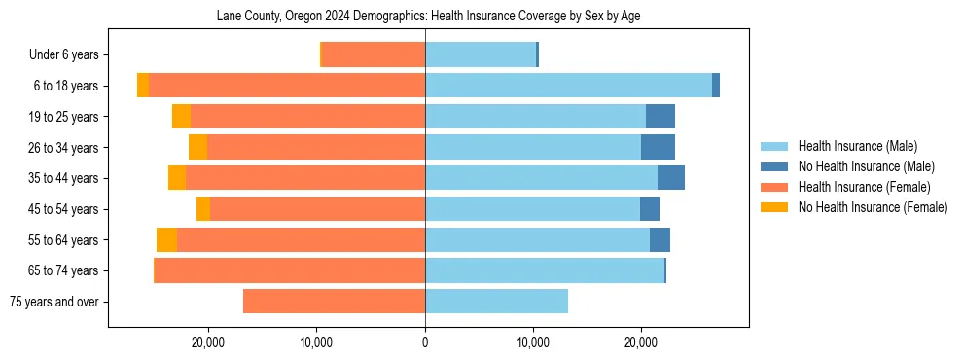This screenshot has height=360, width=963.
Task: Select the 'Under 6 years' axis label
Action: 63,55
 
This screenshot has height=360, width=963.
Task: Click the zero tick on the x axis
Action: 425,342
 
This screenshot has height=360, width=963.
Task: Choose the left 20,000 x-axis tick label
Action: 209,342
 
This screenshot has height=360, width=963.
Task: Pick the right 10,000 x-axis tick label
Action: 533,342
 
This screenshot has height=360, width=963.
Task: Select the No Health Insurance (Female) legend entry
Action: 873,207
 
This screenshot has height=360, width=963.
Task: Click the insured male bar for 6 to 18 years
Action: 568,86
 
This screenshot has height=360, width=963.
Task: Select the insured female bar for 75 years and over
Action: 334,302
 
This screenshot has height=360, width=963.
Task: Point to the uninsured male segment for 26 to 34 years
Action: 658,147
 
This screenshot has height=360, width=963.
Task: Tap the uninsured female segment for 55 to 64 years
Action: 166,239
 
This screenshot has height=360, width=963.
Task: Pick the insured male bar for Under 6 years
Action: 481,55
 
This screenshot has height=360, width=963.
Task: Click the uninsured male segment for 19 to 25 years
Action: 660,117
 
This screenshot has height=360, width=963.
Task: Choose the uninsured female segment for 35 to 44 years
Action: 177,178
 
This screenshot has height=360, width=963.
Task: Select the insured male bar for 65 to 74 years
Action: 545,270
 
